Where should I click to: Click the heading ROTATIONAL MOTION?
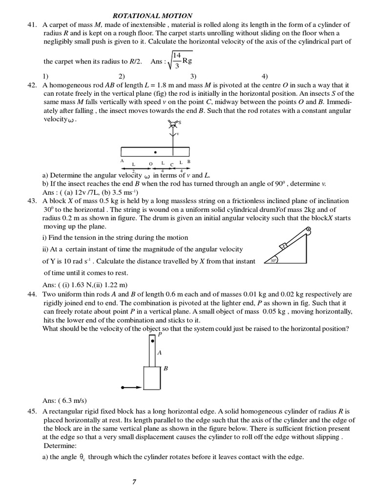pos(152,16)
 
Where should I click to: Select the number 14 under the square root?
pos(177,56)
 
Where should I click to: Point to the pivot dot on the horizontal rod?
pos(155,152)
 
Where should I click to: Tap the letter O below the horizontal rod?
pos(150,163)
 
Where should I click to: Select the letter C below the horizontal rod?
pos(172,164)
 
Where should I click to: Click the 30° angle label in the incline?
pos(273,261)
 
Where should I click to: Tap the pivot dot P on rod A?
pos(152,340)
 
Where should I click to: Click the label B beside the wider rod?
pos(166,369)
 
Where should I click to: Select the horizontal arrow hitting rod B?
pos(131,388)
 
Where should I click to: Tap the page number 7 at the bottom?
pos(134,482)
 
